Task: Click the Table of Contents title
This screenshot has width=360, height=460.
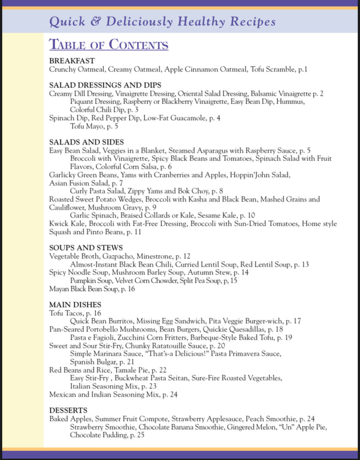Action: pyautogui.click(x=109, y=45)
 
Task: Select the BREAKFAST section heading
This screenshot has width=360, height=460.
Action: pyautogui.click(x=72, y=61)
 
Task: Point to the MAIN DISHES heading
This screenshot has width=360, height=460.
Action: pyautogui.click(x=75, y=304)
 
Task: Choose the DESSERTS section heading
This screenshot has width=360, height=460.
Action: pyautogui.click(x=69, y=409)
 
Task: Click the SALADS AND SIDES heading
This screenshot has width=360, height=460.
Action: pyautogui.click(x=87, y=142)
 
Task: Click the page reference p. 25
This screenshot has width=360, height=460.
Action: pyautogui.click(x=137, y=435)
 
